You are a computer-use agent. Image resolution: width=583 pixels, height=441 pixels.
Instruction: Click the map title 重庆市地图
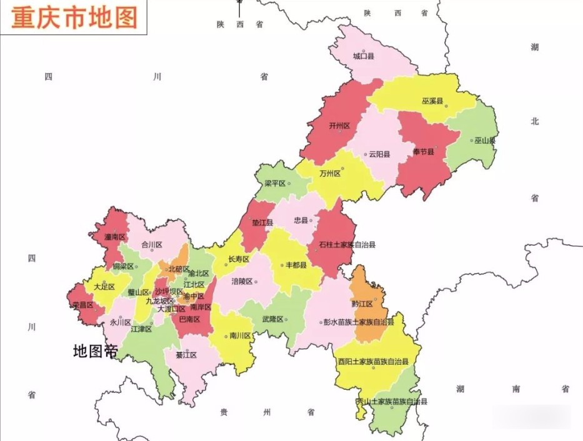tap(74, 16)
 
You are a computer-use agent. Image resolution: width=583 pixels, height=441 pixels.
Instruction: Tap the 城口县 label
tap(363, 56)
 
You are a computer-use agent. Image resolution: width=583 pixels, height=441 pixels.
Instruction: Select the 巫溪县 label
tap(432, 101)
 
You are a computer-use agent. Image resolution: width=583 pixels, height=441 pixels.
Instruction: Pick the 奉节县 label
tap(423, 152)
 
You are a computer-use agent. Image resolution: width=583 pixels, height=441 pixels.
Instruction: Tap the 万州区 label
tap(329, 173)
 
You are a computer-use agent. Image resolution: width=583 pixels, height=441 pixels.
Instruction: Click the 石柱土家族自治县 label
tap(347, 245)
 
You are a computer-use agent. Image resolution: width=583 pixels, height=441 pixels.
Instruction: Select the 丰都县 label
tap(296, 265)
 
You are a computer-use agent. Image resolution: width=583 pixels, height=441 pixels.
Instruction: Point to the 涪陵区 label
tap(242, 281)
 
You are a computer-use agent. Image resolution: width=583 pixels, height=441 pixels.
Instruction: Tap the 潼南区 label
tap(115, 237)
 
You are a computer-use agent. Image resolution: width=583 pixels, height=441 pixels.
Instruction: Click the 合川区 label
tap(152, 245)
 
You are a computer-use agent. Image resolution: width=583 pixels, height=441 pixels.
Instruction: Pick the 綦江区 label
tap(186, 355)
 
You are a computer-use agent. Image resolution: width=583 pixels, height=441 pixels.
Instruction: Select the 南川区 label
tap(240, 336)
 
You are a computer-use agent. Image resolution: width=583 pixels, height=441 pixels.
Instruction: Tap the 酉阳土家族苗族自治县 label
tap(373, 362)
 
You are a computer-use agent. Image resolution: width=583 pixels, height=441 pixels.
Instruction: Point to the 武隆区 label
tap(273, 319)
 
